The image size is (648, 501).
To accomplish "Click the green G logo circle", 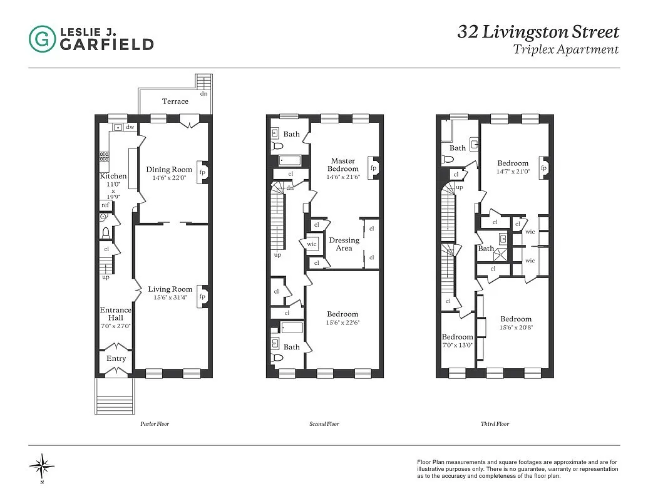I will tap(42, 38).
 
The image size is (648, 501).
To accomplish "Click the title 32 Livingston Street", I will tap(538, 32).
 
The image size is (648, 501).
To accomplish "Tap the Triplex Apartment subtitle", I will tap(565, 50).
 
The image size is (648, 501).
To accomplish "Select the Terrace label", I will tap(175, 101).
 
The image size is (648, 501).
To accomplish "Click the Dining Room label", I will tap(169, 169).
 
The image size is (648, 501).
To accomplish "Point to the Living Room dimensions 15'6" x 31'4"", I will tap(170, 297).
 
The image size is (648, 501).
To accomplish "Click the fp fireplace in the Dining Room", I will tap(202, 172).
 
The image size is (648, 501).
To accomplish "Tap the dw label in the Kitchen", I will tap(130, 127).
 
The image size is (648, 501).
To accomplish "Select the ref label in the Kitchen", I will tap(105, 205).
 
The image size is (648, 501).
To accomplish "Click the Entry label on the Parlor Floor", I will tap(116, 358).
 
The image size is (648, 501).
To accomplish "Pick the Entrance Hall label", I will tap(116, 314).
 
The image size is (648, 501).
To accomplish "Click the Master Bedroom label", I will tap(344, 165).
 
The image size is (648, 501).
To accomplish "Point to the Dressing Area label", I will tap(344, 244).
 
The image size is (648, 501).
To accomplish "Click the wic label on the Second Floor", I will tap(311, 244).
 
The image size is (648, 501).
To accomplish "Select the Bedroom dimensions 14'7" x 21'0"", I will tap(513, 171).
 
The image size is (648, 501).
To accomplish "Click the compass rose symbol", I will tap(42, 465).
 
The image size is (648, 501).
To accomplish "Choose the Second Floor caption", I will tap(324, 424).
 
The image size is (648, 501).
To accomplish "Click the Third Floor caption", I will tap(495, 424).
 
